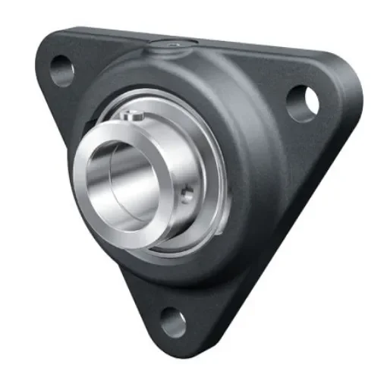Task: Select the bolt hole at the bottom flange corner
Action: (x=172, y=322)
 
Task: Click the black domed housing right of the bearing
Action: (x=250, y=167)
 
